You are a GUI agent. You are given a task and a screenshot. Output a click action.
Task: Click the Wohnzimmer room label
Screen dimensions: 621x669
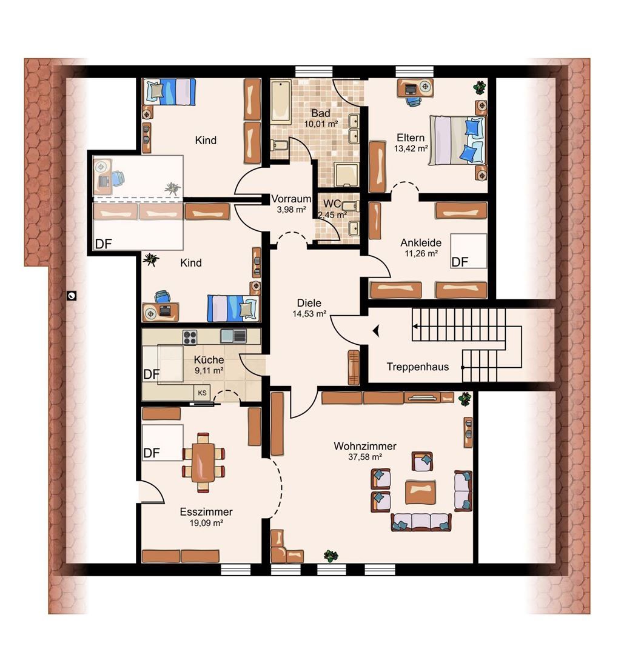coord(364,446)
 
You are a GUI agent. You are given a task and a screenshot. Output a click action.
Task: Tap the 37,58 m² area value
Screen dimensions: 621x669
coord(364,457)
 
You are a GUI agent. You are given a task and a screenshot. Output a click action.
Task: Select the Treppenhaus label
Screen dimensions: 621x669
coord(418,367)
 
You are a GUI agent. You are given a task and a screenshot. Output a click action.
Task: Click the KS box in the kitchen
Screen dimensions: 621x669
coord(202,393)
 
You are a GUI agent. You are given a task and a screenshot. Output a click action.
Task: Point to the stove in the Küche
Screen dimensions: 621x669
coord(190,338)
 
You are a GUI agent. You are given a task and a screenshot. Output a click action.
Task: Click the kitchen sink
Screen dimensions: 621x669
coord(233,336)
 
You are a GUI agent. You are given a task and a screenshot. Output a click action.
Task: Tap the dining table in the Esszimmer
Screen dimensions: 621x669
coord(203,462)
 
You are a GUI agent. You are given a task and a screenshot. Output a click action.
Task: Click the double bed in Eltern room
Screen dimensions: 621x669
coord(457,140)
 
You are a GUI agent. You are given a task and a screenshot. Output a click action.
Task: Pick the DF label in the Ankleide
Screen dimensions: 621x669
coord(460,262)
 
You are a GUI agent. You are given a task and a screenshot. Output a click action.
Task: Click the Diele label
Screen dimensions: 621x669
coord(309,303)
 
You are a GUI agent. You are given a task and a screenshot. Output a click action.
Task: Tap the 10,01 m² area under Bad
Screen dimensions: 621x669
coord(321,124)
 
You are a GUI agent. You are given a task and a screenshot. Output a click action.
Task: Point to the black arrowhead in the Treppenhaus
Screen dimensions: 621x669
coord(376,331)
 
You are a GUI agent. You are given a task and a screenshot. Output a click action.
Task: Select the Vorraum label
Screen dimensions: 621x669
coord(291,199)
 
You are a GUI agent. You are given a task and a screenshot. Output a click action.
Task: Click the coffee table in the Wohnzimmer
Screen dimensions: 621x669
coord(421,493)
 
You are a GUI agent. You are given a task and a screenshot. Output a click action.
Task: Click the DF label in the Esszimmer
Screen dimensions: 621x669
coord(152,453)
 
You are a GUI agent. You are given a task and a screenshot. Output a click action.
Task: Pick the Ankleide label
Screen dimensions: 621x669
coord(421,243)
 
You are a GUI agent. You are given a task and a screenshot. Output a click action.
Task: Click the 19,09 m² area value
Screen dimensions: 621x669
coord(206,523)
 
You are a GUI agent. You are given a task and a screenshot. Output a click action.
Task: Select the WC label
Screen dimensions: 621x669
coord(332,204)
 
